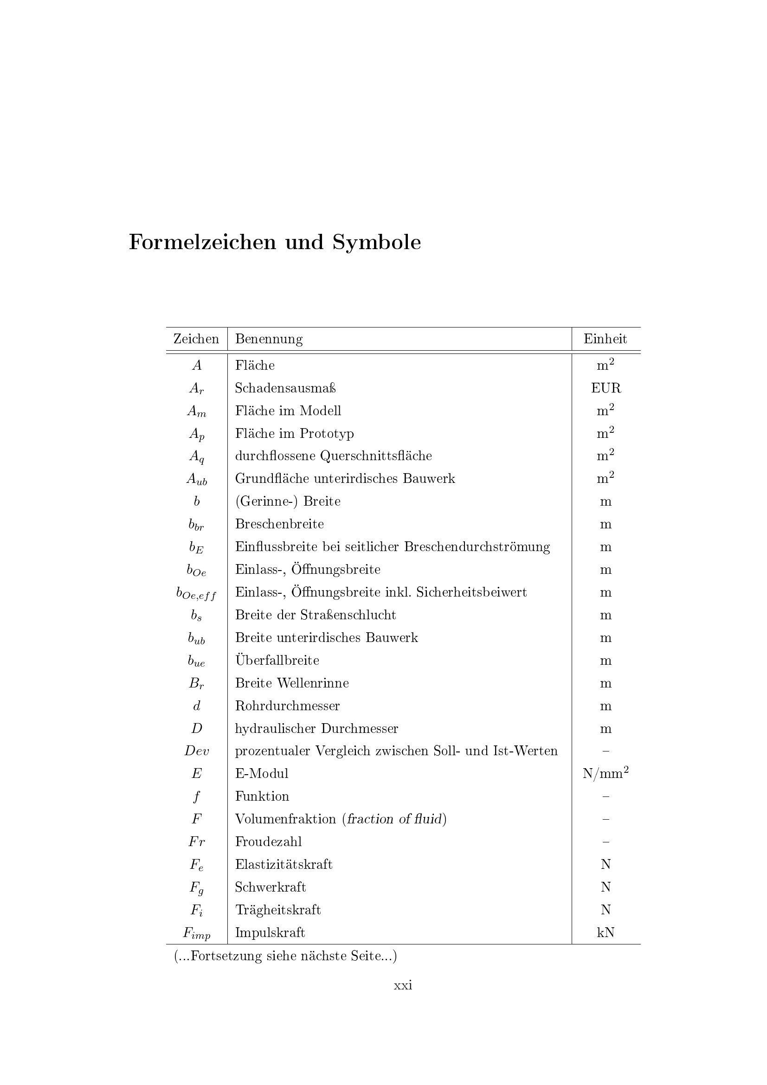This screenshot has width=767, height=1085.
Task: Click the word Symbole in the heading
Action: [376, 243]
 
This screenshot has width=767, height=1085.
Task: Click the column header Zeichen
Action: [196, 339]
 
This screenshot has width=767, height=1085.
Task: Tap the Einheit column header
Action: [605, 339]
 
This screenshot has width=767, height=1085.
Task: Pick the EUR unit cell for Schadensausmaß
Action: [606, 388]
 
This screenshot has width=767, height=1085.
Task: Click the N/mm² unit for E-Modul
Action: [606, 773]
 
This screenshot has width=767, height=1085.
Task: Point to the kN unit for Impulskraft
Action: [606, 932]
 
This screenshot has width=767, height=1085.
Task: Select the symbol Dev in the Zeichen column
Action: [197, 751]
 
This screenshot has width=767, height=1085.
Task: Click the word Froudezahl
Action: [268, 841]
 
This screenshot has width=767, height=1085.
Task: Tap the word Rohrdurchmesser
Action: [287, 706]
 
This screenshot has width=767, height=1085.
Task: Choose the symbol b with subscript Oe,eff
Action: [196, 594]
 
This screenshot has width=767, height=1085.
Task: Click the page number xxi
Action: [403, 985]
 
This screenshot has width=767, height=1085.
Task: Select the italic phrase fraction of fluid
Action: [394, 819]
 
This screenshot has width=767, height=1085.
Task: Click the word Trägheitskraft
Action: [278, 910]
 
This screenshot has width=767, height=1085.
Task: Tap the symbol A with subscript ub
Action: [197, 479]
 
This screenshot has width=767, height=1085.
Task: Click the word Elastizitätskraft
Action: [284, 864]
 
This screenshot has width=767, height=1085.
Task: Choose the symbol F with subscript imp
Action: [197, 933]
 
